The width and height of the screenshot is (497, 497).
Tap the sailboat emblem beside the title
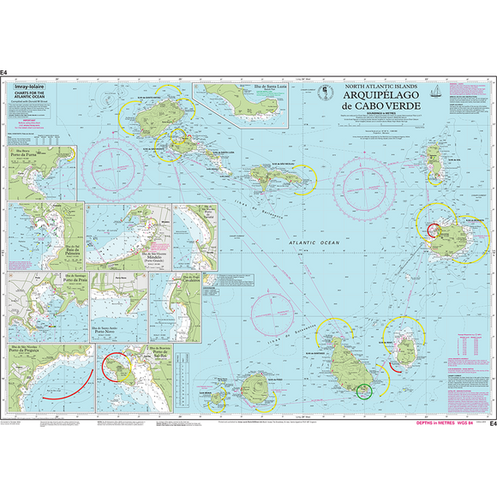coord(436,92)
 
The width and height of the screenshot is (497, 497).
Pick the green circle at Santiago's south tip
coord(363,392)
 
